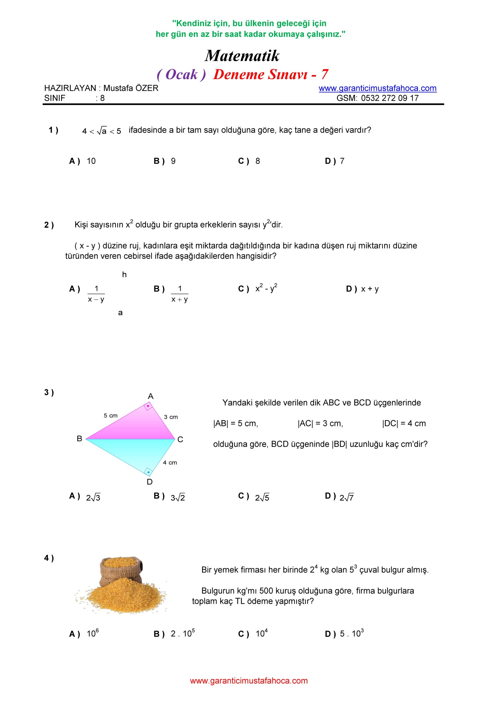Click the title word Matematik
(x=242, y=56)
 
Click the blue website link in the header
(x=377, y=88)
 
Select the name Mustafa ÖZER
(x=131, y=88)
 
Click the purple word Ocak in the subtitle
(x=182, y=74)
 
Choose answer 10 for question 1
(x=91, y=161)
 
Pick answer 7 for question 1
(x=342, y=161)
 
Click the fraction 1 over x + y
(x=180, y=294)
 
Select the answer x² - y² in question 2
(x=266, y=288)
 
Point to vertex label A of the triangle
(x=151, y=396)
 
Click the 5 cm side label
(x=111, y=415)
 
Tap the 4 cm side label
(x=170, y=463)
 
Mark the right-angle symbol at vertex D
(x=148, y=472)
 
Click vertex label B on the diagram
(x=80, y=439)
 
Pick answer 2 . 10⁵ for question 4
(x=183, y=634)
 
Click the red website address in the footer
(x=249, y=681)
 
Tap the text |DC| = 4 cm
(x=404, y=424)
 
